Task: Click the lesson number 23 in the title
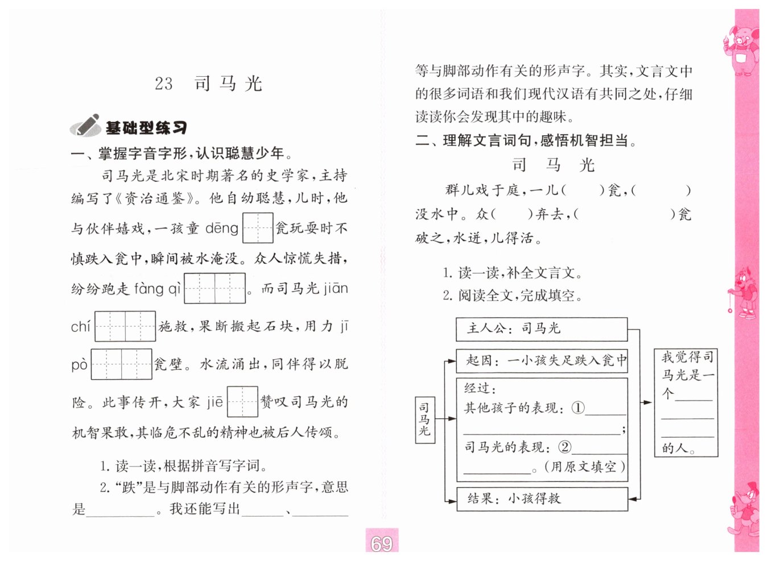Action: pyautogui.click(x=163, y=84)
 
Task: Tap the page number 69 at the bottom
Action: pyautogui.click(x=381, y=543)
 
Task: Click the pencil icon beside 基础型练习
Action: pyautogui.click(x=85, y=126)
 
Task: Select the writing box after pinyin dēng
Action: pyautogui.click(x=258, y=228)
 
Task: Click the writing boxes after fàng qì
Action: pyautogui.click(x=215, y=288)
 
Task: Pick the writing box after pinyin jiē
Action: pyautogui.click(x=242, y=401)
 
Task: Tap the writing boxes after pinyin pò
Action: pyautogui.click(x=121, y=364)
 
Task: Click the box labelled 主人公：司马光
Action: pyautogui.click(x=541, y=329)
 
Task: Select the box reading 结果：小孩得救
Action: pyautogui.click(x=542, y=498)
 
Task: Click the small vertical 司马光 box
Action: pyautogui.click(x=424, y=419)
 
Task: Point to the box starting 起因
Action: pyautogui.click(x=542, y=360)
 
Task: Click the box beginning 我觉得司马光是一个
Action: pyautogui.click(x=686, y=402)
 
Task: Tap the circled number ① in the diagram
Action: pyautogui.click(x=577, y=408)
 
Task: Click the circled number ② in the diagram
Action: pyautogui.click(x=564, y=447)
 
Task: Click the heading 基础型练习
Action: pyautogui.click(x=146, y=128)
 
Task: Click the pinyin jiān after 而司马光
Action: pyautogui.click(x=336, y=288)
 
